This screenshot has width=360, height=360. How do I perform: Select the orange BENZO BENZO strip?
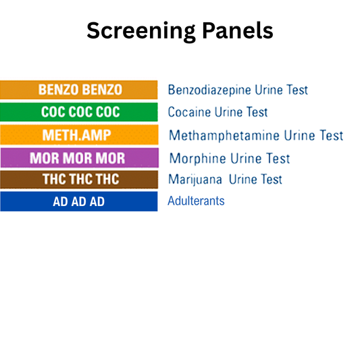point(79,90)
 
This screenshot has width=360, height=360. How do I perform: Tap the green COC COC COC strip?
point(79,112)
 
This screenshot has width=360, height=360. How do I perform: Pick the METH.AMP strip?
point(79,135)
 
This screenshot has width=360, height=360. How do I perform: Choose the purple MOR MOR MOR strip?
point(79,158)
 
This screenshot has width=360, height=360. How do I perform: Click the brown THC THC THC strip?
point(79,180)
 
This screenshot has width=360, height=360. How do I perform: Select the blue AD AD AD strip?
point(79,201)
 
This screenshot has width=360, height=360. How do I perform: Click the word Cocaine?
point(190,112)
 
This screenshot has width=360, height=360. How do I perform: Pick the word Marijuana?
point(196,180)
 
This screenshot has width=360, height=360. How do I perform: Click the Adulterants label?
point(196,201)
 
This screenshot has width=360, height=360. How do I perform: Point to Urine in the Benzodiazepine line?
point(269,90)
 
